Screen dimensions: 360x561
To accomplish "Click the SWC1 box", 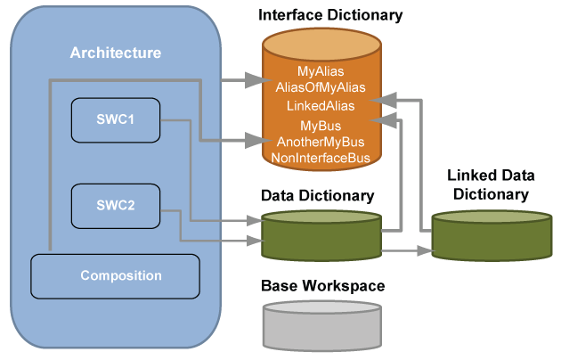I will pos(116,119).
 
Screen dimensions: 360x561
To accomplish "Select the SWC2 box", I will pos(116,206).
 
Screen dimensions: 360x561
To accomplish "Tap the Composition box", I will pos(115,276).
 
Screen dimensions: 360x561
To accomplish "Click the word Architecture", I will pos(116,53).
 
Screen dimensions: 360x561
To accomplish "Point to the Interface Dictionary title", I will pos(329,15).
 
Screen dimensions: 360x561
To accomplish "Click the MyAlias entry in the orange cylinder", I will pos(321,70).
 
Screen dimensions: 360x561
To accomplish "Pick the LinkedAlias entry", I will pos(321,106).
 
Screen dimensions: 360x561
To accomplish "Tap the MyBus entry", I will pos(321,126).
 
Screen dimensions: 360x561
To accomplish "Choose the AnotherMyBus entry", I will pos(321,142).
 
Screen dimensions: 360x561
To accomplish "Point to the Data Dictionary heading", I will pos(317,194).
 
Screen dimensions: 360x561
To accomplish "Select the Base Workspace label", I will pos(322,286).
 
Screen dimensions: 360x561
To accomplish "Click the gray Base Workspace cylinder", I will pos(322,327).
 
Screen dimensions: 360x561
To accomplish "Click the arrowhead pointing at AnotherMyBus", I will pos(259,141).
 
